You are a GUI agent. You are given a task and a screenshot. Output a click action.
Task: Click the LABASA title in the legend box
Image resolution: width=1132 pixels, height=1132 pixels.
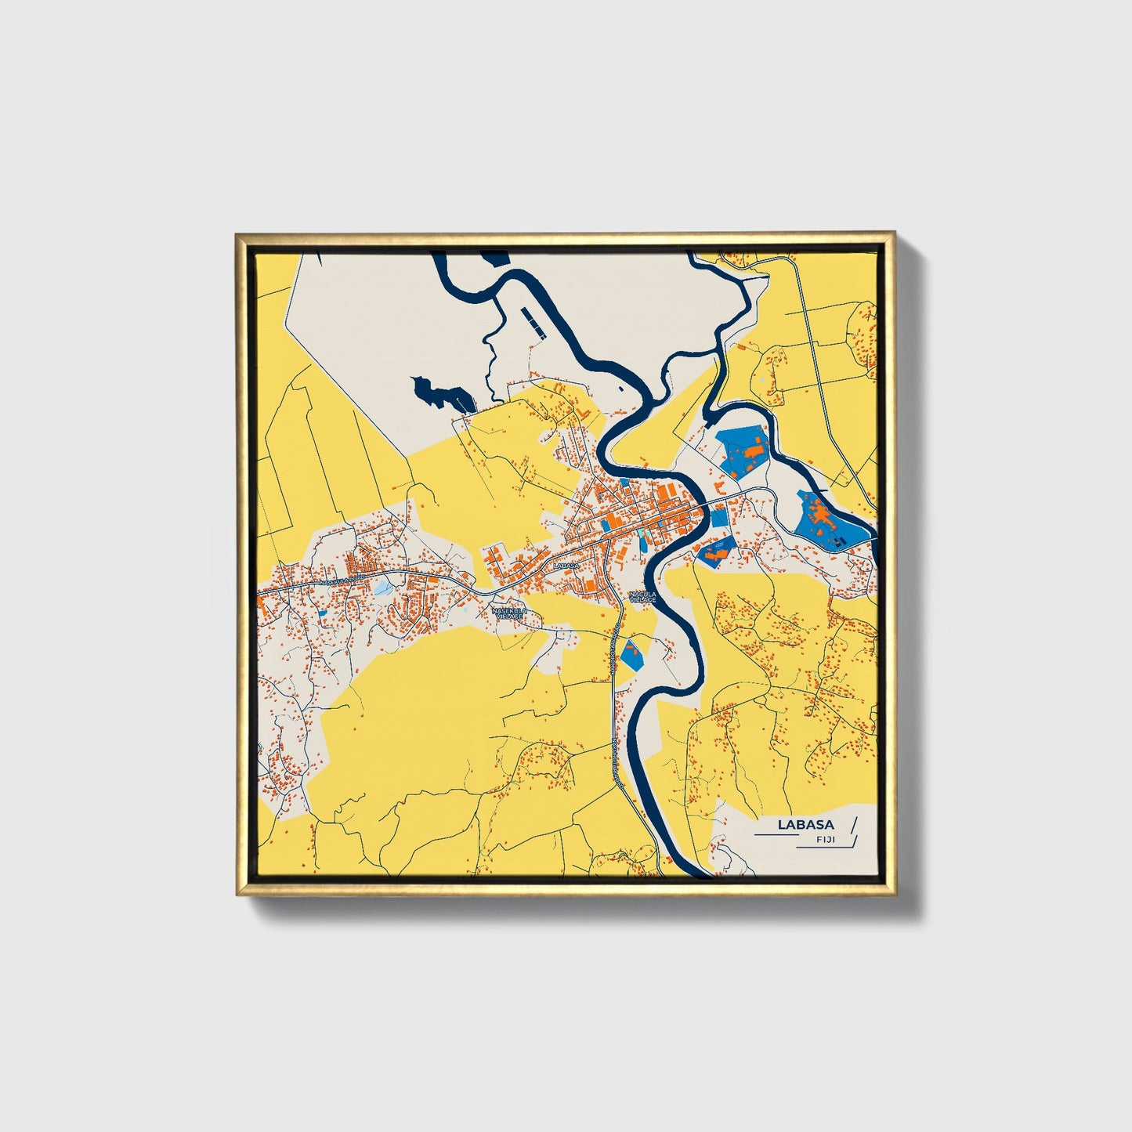pos(805,825)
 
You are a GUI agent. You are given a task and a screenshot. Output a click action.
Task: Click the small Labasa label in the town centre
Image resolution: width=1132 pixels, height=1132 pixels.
pos(565,566)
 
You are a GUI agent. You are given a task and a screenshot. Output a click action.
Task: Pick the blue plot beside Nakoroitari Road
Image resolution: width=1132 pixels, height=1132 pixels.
pos(631,654)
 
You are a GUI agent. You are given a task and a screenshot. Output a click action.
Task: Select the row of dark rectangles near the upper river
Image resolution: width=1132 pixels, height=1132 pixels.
pos(532,322)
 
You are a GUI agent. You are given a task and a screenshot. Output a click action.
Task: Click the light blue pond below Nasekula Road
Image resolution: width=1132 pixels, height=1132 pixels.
pos(382,588)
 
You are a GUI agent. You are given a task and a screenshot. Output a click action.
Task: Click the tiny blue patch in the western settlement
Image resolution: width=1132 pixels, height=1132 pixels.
pos(322,613)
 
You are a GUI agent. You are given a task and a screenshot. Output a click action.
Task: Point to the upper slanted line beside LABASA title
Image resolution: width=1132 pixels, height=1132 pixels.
pos(854,824)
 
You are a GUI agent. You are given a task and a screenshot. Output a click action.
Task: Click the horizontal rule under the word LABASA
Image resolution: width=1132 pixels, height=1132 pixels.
pos(779,836)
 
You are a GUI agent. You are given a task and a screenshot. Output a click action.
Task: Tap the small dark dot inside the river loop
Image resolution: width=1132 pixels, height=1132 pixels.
pos(620,387)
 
